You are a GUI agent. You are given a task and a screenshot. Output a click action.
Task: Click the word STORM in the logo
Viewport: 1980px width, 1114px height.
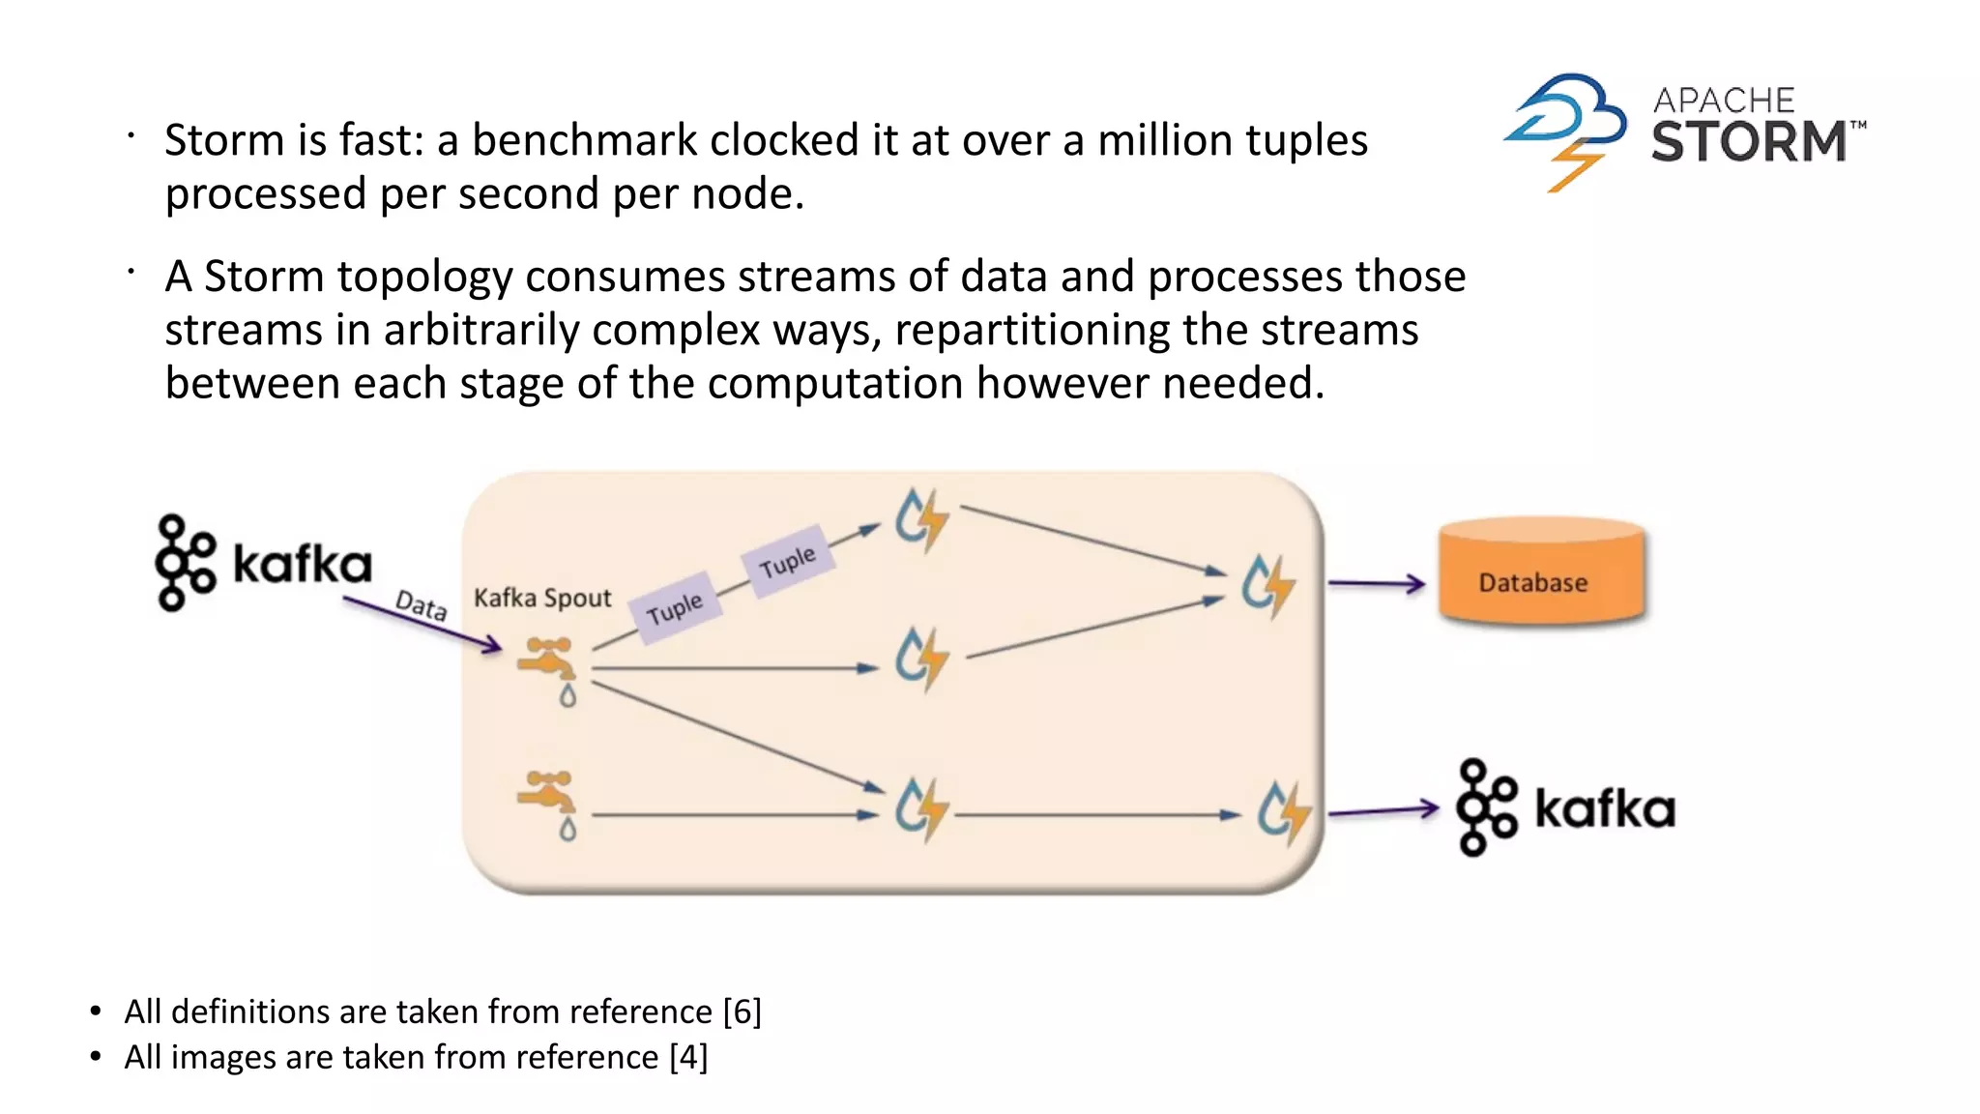(x=1749, y=142)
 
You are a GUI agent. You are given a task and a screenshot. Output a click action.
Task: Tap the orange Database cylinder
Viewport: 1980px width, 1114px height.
(x=1541, y=572)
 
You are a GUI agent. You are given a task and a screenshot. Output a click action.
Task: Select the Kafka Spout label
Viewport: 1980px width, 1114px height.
(x=542, y=599)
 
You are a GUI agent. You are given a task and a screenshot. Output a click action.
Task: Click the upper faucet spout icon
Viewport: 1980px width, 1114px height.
(x=548, y=668)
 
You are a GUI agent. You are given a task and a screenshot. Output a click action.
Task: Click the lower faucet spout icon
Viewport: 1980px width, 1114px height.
(x=548, y=802)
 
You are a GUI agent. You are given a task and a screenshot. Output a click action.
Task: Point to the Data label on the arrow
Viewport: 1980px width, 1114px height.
(x=422, y=605)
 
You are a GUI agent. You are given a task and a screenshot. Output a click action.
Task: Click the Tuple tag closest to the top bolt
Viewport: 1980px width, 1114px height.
(x=787, y=561)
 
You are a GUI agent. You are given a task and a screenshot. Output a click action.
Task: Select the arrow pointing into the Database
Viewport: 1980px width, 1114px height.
(x=1377, y=583)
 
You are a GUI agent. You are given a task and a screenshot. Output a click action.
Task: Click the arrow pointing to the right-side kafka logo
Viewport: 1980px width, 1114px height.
(x=1383, y=810)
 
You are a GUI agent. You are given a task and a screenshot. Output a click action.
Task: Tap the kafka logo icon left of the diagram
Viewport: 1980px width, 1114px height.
(x=185, y=562)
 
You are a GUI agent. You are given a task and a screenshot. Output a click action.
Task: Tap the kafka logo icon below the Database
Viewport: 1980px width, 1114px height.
(x=1487, y=807)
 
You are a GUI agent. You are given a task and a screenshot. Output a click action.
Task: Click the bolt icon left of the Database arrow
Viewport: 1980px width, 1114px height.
(x=1267, y=585)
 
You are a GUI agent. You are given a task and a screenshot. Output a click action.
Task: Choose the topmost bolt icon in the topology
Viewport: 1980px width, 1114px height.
(x=921, y=520)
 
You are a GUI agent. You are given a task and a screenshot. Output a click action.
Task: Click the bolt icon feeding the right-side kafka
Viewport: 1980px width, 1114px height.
(x=1283, y=812)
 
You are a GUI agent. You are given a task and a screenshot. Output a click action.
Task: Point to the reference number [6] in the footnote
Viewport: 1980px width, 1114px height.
(x=742, y=1011)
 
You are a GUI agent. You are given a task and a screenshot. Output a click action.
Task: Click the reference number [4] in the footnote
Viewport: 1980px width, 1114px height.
(x=688, y=1057)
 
